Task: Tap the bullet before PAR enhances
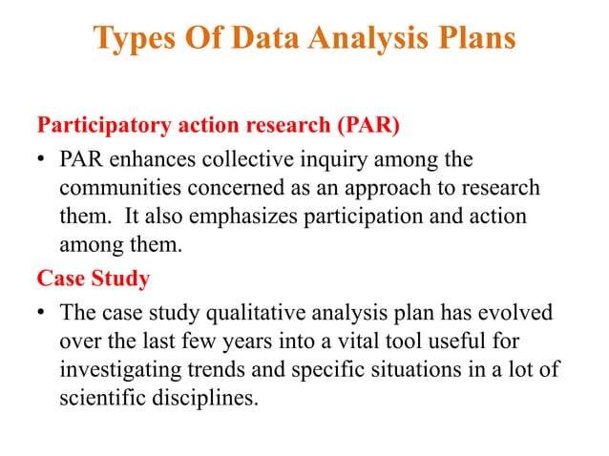tap(43, 157)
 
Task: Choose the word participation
tap(367, 217)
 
